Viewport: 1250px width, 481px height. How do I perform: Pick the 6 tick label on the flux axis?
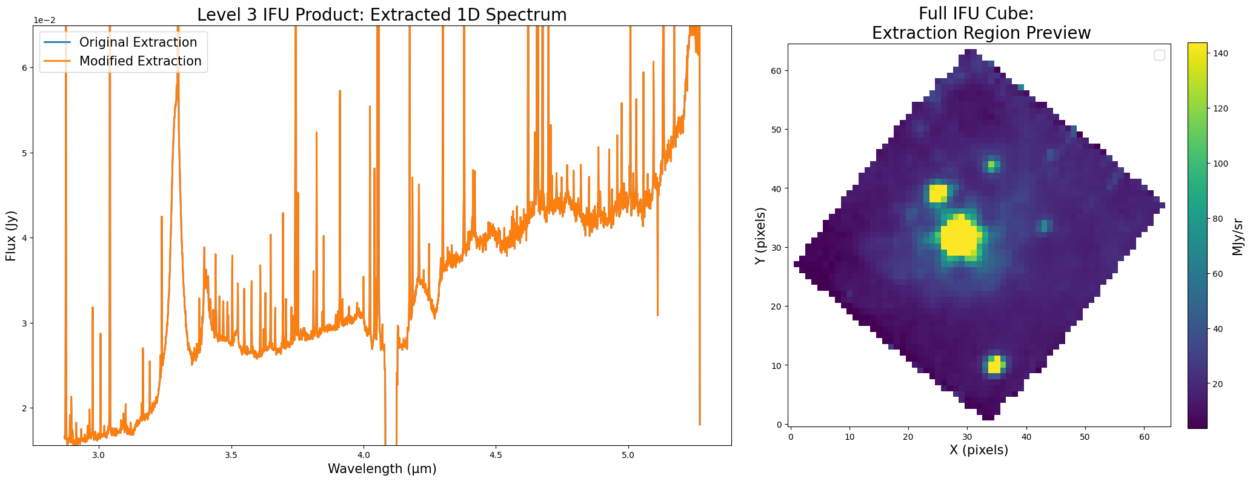click(x=25, y=68)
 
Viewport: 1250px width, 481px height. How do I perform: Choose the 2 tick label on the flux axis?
click(x=25, y=408)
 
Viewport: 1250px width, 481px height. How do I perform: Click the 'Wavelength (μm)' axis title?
click(x=382, y=469)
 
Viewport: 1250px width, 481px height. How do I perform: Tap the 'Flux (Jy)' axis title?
click(x=10, y=236)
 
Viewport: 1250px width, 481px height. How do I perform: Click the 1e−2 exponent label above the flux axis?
click(x=44, y=20)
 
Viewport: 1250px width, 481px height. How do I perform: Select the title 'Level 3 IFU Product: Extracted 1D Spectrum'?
click(x=382, y=15)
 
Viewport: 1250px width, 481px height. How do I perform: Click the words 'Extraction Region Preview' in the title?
click(x=981, y=33)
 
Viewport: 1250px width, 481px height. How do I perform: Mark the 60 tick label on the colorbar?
click(x=1217, y=274)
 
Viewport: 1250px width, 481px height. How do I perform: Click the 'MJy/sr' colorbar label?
click(x=1238, y=236)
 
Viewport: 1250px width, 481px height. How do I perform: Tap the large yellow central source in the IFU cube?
click(x=959, y=237)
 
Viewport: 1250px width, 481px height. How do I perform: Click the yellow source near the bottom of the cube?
click(x=994, y=365)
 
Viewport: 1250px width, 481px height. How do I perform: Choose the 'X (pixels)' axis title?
click(x=979, y=450)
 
